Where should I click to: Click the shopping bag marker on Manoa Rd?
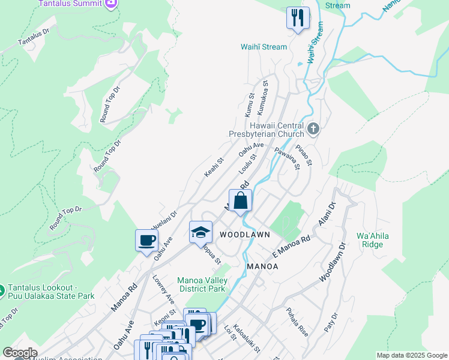pos(240,201)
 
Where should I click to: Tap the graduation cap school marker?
pos(200,233)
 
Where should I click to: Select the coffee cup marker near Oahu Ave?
pos(146,241)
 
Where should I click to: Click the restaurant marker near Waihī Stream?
pos(297,19)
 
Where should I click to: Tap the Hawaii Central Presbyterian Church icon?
pos(313,129)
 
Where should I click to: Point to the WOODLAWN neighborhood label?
pos(244,234)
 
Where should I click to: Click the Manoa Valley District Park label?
pos(201,284)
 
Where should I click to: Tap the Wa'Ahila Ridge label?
pos(373,240)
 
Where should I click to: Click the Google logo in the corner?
pos(20,353)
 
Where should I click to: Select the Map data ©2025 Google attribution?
pos(412,355)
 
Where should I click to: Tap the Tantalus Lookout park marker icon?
pos(2,291)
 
